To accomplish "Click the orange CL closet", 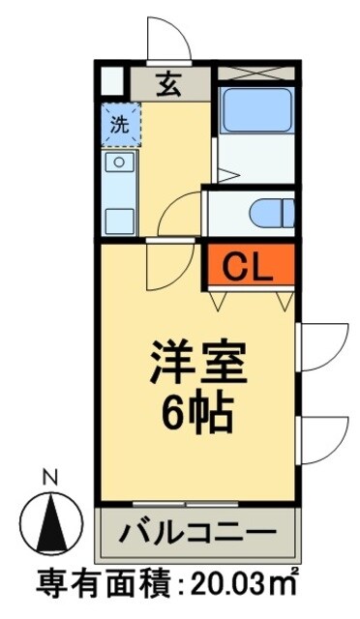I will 247,265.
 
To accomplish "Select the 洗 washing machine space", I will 120,124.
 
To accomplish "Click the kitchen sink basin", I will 120,162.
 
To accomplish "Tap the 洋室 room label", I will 196,367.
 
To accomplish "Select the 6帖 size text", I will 196,413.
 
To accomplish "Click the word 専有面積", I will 96,587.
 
